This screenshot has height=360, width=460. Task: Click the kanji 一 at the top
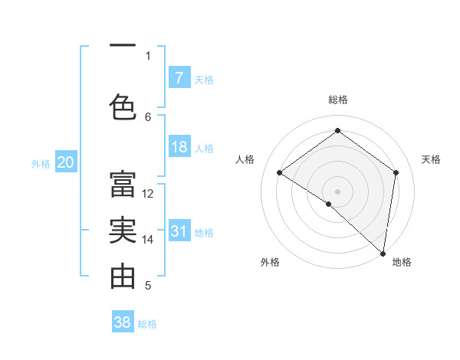point(123,46)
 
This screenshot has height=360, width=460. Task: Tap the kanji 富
point(123,183)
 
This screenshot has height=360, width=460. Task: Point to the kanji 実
point(123,229)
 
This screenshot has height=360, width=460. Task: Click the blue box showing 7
point(179,77)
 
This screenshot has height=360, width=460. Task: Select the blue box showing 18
point(179,147)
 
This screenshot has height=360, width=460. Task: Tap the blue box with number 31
point(179,231)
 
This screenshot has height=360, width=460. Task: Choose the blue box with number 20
point(66,162)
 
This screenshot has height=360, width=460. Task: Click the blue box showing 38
point(123,322)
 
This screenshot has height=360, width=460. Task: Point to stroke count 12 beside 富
point(149,194)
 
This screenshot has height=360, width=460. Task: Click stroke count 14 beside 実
point(149,240)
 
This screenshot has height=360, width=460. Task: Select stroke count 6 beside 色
point(149,116)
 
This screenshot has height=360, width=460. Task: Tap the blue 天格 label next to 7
point(203,79)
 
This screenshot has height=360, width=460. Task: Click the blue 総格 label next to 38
point(147,324)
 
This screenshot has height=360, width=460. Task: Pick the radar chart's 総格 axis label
point(338,100)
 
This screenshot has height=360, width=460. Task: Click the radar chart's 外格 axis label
point(270,263)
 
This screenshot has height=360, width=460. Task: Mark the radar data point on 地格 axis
point(383,253)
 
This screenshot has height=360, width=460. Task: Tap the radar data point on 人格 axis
point(280,172)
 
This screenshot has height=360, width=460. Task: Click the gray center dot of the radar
point(337,191)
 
